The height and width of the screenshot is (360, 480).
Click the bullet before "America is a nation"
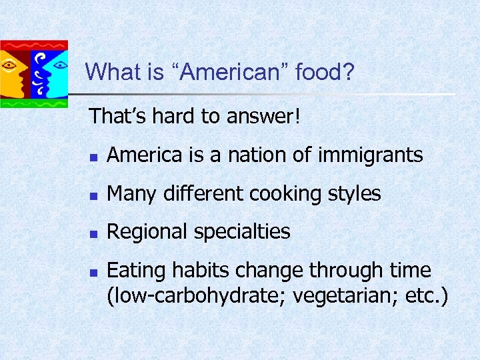pyautogui.click(x=94, y=157)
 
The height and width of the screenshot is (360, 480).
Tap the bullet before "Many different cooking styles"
pyautogui.click(x=94, y=195)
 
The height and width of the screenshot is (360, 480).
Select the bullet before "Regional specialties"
pyautogui.click(x=94, y=234)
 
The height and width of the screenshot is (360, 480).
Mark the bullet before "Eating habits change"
pyautogui.click(x=94, y=273)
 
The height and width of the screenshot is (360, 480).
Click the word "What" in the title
pyautogui.click(x=110, y=72)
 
